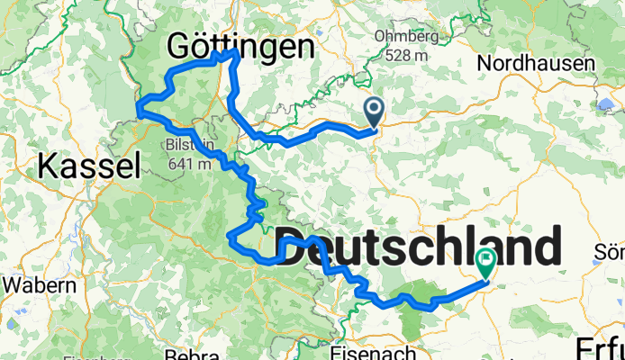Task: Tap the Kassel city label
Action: [x=89, y=166]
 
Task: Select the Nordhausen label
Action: [x=536, y=64]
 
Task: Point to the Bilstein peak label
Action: [x=187, y=145]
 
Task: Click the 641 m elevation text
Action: [x=187, y=163]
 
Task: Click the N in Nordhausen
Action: [x=485, y=64]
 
